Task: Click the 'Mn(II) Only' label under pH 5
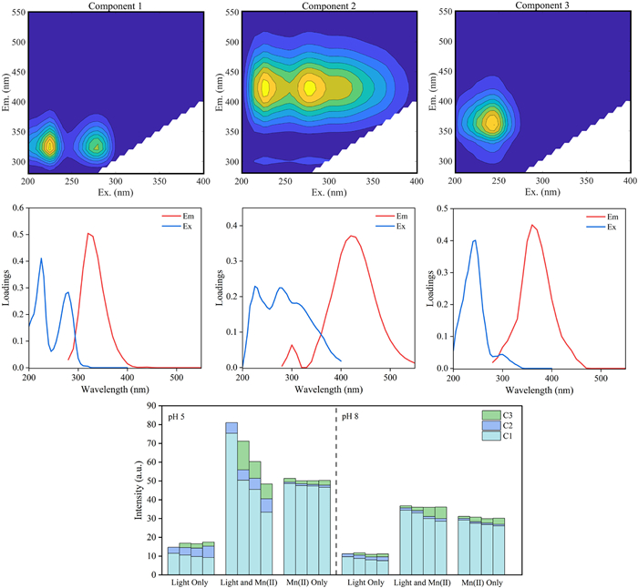[306, 580]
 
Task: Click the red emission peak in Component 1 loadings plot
[88, 233]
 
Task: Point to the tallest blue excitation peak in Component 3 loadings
[475, 240]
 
